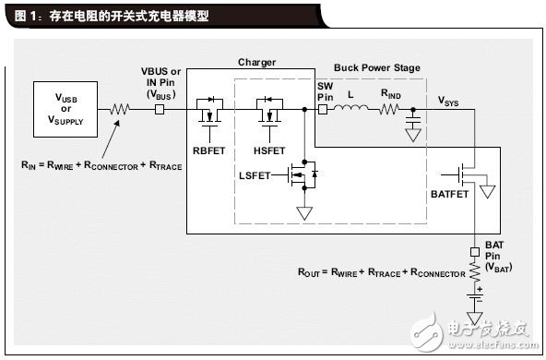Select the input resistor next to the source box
[x=119, y=108]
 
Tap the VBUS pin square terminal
[x=159, y=108]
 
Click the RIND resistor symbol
[x=390, y=108]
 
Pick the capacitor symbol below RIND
[x=413, y=122]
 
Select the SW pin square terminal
[x=323, y=108]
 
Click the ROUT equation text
[x=381, y=274]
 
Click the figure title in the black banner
[x=111, y=16]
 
